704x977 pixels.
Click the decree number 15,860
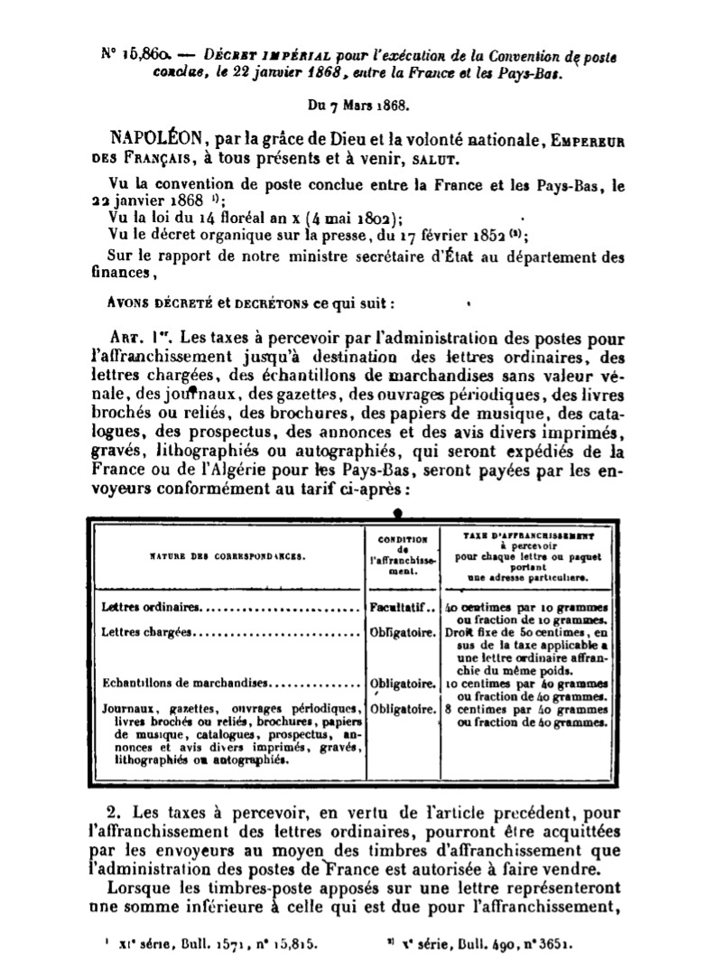[x=136, y=55]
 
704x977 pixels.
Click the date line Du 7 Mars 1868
[x=358, y=105]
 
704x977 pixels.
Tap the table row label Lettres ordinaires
[x=152, y=608]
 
